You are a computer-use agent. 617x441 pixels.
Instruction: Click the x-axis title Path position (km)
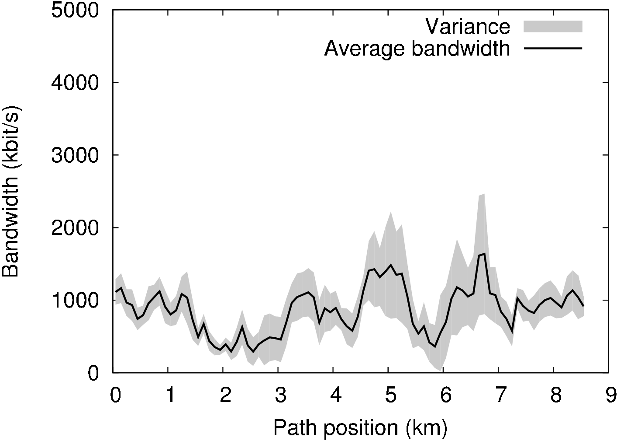(x=360, y=427)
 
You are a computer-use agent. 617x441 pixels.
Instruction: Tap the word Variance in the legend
(x=468, y=27)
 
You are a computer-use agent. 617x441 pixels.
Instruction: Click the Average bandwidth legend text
(x=417, y=48)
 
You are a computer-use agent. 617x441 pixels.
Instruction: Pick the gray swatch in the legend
(x=553, y=26)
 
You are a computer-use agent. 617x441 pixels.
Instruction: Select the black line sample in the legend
(x=553, y=48)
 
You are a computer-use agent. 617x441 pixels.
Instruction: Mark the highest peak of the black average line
(x=484, y=253)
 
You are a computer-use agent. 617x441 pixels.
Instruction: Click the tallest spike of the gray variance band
(x=483, y=194)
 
